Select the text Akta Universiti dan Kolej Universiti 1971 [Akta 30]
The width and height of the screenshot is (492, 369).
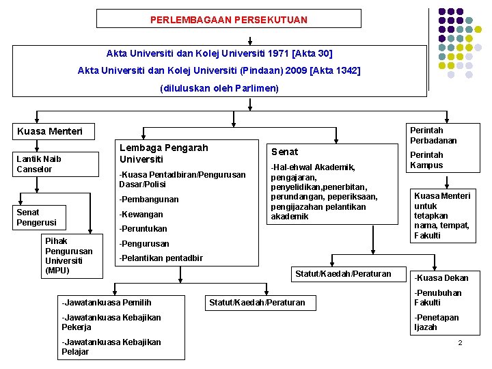tap(219, 53)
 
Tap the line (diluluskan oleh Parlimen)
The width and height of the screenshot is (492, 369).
tap(219, 88)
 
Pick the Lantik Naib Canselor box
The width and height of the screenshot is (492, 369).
tap(39, 164)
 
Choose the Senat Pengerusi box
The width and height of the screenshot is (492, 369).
tap(38, 217)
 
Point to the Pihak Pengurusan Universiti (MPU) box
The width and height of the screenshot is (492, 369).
tap(68, 256)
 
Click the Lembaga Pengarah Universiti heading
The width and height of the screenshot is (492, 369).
tap(163, 153)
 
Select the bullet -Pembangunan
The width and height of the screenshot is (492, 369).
tap(149, 200)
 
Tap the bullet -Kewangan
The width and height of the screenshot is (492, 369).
tap(142, 214)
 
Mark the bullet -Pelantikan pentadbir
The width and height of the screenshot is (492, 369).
tap(161, 258)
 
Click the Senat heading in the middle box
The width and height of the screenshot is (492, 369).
tap(284, 152)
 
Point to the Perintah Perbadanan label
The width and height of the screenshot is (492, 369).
tap(433, 135)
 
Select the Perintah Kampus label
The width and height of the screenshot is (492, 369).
tap(427, 160)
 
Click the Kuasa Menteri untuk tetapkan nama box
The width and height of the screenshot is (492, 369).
tap(442, 215)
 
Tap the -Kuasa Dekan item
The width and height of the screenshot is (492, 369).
tap(441, 278)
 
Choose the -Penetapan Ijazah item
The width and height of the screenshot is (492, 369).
tap(437, 323)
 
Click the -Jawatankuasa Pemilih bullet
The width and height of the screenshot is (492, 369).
tap(107, 302)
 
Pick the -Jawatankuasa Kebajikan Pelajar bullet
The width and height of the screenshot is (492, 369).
tap(111, 346)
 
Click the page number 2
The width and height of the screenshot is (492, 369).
tap(460, 342)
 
